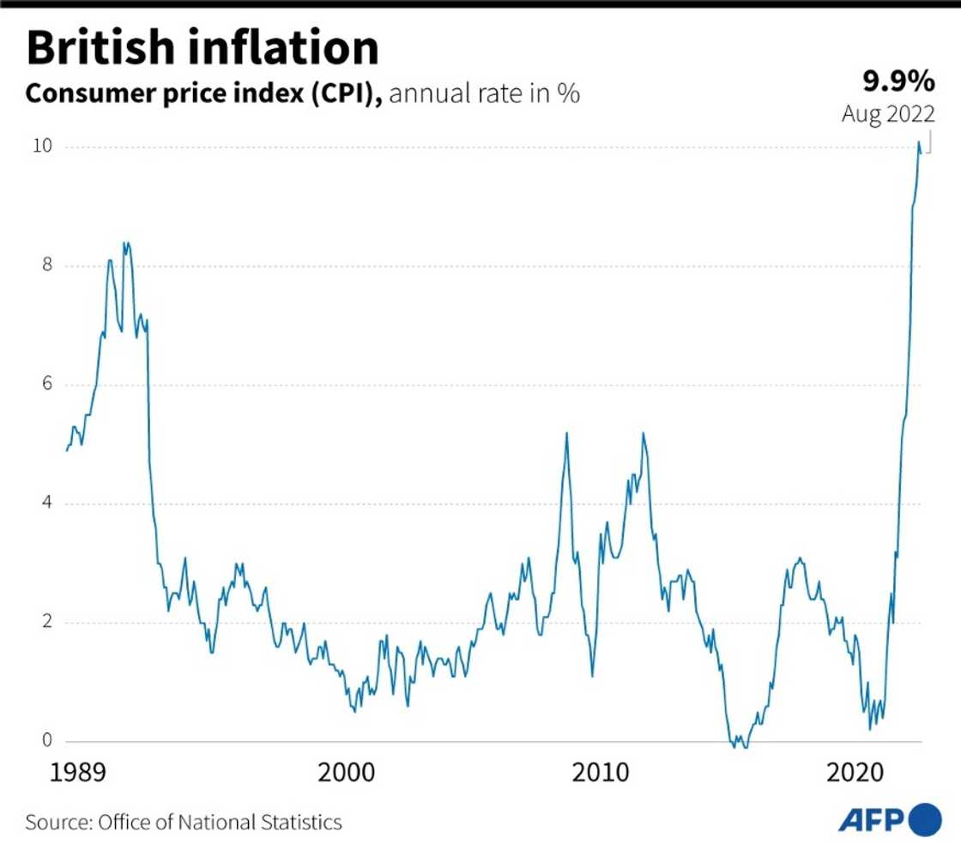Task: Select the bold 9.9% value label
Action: pyautogui.click(x=898, y=81)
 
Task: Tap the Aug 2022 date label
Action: pyautogui.click(x=888, y=114)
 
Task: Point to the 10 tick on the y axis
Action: pyautogui.click(x=42, y=147)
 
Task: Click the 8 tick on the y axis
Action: pyautogui.click(x=47, y=266)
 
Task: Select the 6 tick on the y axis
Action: pyautogui.click(x=47, y=384)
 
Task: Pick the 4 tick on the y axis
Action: pyautogui.click(x=47, y=503)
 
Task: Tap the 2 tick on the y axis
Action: pyautogui.click(x=47, y=622)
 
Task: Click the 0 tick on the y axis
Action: pyautogui.click(x=47, y=741)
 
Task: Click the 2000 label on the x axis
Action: pyautogui.click(x=346, y=774)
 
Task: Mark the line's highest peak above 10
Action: pyautogui.click(x=919, y=142)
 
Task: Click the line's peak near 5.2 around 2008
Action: pyautogui.click(x=566, y=433)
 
